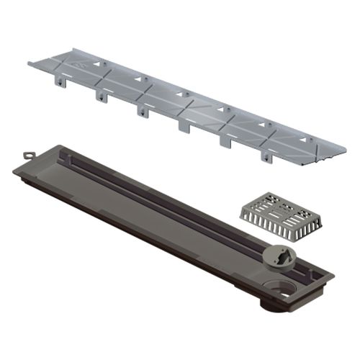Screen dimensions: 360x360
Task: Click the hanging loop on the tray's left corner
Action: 29,155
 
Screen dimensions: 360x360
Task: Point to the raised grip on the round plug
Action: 281,250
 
